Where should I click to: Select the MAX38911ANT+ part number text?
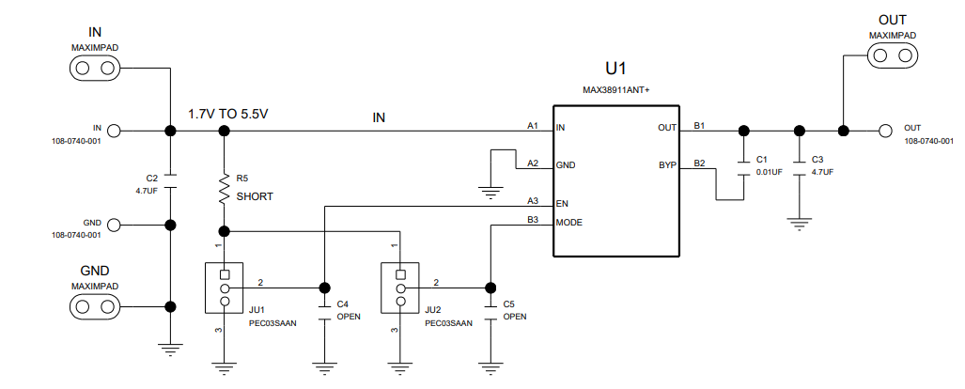(x=616, y=89)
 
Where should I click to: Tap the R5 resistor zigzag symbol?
(x=225, y=187)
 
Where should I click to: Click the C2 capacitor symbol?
(x=170, y=176)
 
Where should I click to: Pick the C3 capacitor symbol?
(x=799, y=166)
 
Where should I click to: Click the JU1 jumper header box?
(x=225, y=288)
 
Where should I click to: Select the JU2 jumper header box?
(x=400, y=288)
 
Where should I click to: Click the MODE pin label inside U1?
(x=569, y=222)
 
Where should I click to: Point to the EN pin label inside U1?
(x=562, y=202)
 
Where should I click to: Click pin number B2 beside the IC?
(x=700, y=163)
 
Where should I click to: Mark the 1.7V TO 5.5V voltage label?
(x=228, y=114)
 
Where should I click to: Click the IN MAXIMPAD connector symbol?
(x=94, y=69)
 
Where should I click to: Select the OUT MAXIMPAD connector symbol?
(x=892, y=56)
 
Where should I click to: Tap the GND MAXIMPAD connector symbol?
(x=94, y=306)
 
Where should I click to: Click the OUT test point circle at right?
(x=884, y=131)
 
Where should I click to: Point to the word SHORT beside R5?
(x=255, y=196)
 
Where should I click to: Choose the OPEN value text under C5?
(x=515, y=317)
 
